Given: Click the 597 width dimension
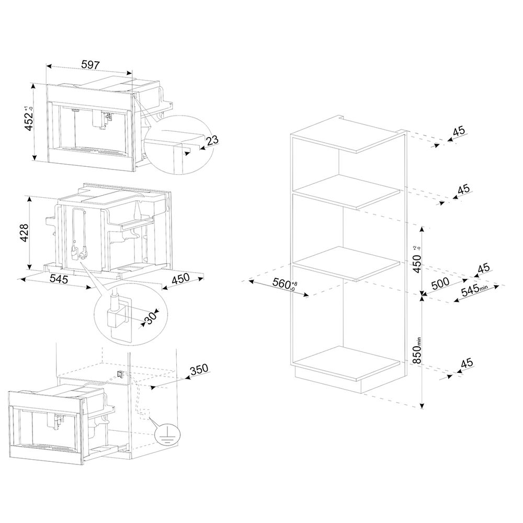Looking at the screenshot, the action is [x=90, y=64].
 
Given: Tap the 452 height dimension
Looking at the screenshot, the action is [x=29, y=119].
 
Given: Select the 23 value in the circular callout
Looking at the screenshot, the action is [x=212, y=140].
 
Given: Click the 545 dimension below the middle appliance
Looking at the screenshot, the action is [x=59, y=278].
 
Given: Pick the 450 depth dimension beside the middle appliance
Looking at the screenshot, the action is [x=180, y=279].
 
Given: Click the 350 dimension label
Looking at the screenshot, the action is [x=199, y=369].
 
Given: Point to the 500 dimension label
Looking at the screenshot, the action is [x=440, y=283].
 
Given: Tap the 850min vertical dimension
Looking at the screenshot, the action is [x=417, y=350].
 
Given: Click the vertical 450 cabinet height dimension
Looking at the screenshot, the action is [x=417, y=259].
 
